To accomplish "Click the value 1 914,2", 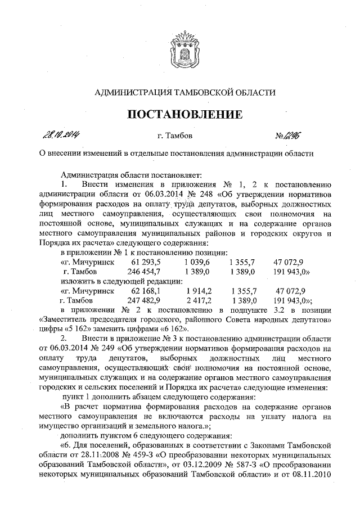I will tap(198, 291).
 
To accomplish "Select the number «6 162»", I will tap(162, 329).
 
